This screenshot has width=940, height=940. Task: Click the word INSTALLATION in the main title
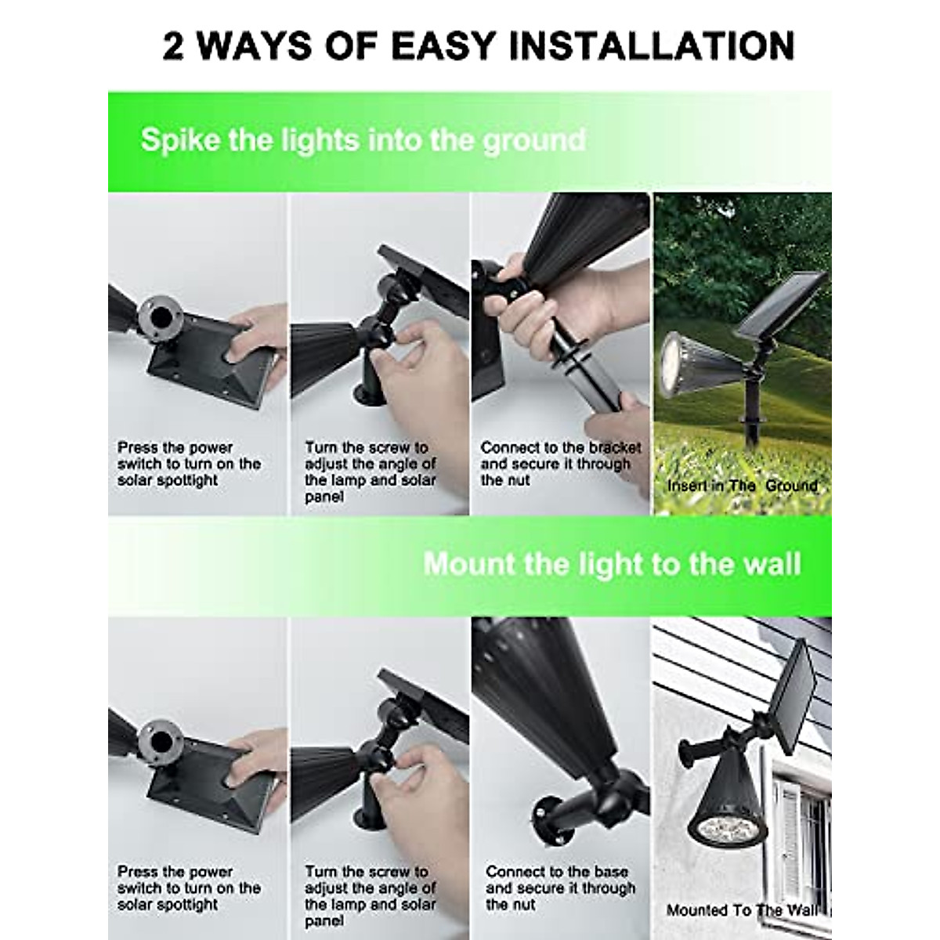pos(652,45)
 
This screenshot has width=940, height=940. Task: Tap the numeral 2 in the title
pos(174,45)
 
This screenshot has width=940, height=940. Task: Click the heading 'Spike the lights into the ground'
pos(363,140)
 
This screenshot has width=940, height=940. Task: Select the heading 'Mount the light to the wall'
pos(612,564)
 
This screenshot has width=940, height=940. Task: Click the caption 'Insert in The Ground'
pos(742,486)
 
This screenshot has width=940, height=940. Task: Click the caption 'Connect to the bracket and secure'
pos(560,464)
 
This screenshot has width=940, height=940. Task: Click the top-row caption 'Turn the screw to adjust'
pos(370,472)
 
